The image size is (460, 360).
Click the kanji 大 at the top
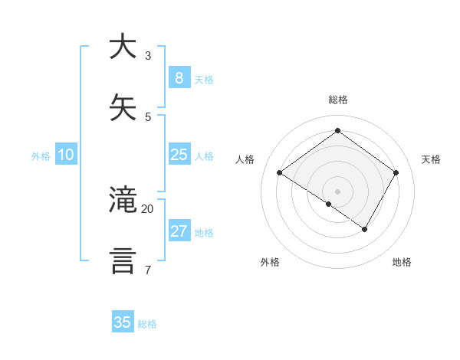pyautogui.click(x=123, y=47)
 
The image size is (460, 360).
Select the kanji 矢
pyautogui.click(x=123, y=108)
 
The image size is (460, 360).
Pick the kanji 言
pyautogui.click(x=123, y=260)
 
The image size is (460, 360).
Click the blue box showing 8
pyautogui.click(x=179, y=77)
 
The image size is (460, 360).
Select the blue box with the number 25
pyautogui.click(x=179, y=155)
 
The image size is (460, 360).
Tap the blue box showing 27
pyautogui.click(x=179, y=231)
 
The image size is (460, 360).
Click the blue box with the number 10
pyautogui.click(x=66, y=155)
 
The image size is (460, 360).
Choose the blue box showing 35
pyautogui.click(x=123, y=322)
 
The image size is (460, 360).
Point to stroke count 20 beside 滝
pyautogui.click(x=147, y=208)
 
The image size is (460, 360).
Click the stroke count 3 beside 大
pyautogui.click(x=147, y=56)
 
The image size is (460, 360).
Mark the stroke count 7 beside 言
pyautogui.click(x=147, y=270)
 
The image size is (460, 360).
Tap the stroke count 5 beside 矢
pyautogui.click(x=147, y=117)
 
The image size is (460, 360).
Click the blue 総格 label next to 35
pyautogui.click(x=147, y=324)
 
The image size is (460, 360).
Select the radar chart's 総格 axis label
pyautogui.click(x=338, y=100)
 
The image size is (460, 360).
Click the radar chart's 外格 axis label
pyautogui.click(x=270, y=262)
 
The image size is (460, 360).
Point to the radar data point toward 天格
pyautogui.click(x=396, y=173)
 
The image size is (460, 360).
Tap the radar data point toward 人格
pyautogui.click(x=280, y=173)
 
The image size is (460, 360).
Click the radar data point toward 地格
pyautogui.click(x=365, y=229)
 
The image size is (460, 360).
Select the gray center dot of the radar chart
pyautogui.click(x=338, y=191)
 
